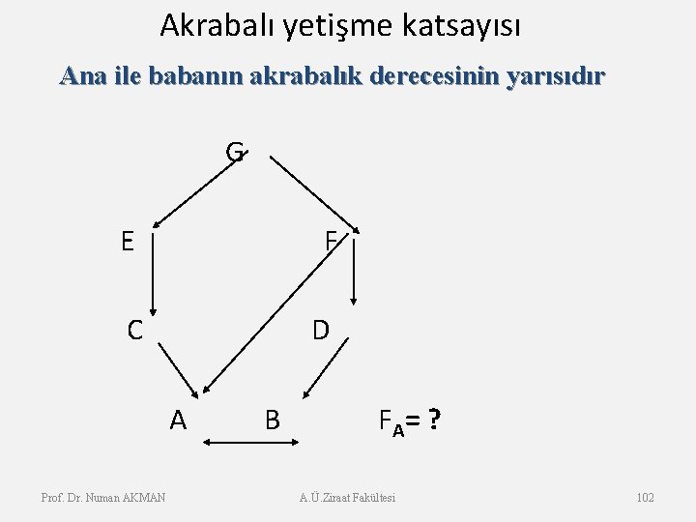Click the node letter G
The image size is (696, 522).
click(235, 153)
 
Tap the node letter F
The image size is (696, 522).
click(331, 242)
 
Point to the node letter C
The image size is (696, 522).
click(136, 330)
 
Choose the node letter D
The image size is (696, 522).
click(320, 330)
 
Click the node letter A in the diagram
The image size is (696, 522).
click(177, 419)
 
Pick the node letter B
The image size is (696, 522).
click(273, 420)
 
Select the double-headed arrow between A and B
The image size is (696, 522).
click(249, 444)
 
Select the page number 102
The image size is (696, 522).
click(646, 497)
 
